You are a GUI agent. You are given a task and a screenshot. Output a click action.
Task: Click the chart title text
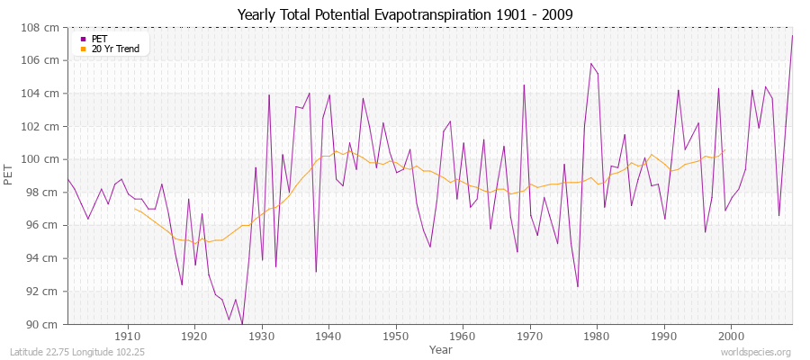click(404, 14)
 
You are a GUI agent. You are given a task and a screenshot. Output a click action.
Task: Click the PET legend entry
click(99, 39)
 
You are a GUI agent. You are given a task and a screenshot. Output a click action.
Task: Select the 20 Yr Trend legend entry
click(115, 49)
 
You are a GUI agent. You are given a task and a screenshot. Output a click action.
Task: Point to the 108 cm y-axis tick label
click(42, 27)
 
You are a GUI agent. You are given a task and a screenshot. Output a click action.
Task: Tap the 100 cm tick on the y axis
click(42, 159)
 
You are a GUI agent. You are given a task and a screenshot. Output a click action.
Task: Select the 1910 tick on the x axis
click(128, 336)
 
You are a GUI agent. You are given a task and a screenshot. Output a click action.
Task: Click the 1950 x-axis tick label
click(396, 336)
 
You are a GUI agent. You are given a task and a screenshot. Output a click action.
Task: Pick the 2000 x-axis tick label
click(731, 336)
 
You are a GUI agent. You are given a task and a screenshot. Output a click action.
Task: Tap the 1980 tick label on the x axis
click(597, 336)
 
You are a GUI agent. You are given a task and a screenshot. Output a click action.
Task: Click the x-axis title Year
click(441, 348)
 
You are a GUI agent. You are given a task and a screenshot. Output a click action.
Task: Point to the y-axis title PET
click(9, 175)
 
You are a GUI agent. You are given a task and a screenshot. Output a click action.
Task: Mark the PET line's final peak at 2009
click(792, 36)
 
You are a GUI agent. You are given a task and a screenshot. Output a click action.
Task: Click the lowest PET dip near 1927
click(242, 324)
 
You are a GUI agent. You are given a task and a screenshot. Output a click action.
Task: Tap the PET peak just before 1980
click(591, 64)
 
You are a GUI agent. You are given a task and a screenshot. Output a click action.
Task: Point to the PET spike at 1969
click(524, 85)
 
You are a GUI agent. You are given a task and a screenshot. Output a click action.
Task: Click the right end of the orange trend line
click(724, 150)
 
